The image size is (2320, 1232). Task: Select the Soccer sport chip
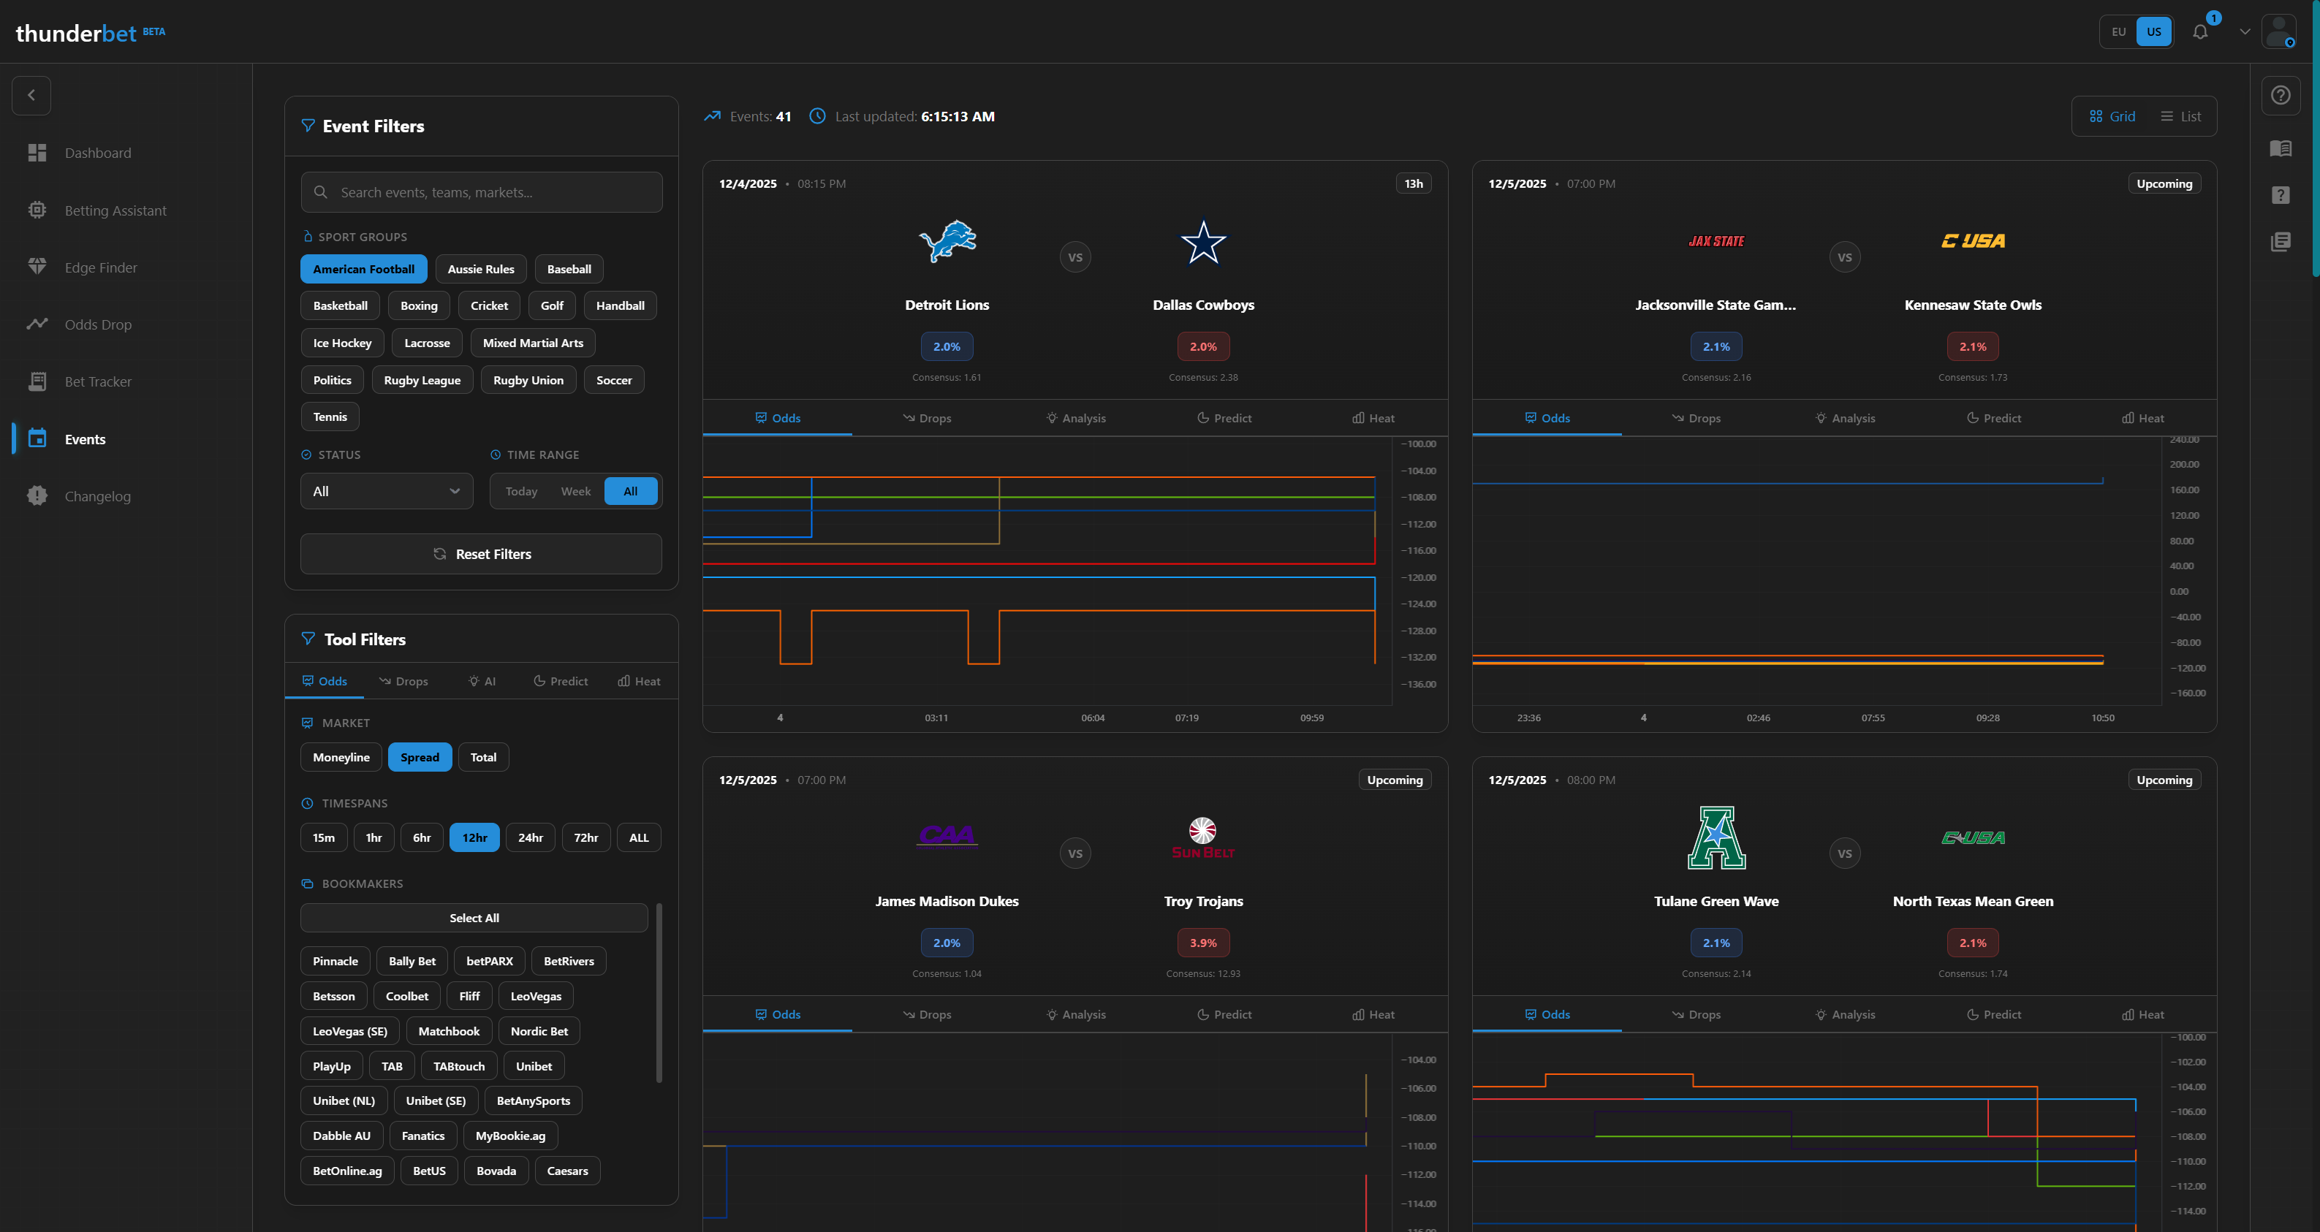613,380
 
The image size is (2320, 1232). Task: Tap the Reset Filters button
481,554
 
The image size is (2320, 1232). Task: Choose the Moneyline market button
341,757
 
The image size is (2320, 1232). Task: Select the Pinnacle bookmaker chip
335,961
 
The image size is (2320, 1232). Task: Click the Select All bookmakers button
474,918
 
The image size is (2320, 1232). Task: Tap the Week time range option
575,491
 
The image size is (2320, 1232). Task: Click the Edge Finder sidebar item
101,267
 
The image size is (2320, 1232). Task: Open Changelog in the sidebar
97,496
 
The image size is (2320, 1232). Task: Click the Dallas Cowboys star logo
1203,243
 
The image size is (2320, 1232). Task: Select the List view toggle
2180,116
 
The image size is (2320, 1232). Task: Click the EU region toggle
2118,31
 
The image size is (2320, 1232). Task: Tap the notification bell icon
2200,31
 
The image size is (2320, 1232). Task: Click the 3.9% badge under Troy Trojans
1202,943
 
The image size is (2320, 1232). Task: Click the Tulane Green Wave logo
1716,837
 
